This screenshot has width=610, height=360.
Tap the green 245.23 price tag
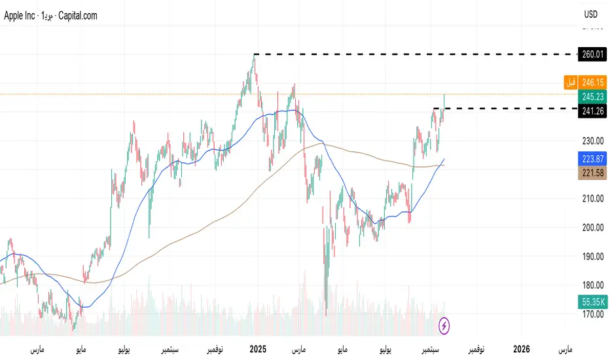tap(592, 96)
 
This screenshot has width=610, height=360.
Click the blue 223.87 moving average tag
tap(592, 158)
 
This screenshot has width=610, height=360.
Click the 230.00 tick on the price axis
tap(592, 141)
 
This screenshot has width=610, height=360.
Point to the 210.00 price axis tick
tap(592, 198)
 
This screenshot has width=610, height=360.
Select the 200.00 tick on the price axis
tap(592, 227)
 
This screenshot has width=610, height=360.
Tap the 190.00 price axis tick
tap(592, 256)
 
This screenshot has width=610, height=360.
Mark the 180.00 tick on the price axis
tap(592, 285)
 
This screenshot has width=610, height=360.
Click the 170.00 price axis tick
tap(592, 314)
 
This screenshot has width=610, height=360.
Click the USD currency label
tap(591, 14)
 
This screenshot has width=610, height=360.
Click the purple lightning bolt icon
tap(444, 325)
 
